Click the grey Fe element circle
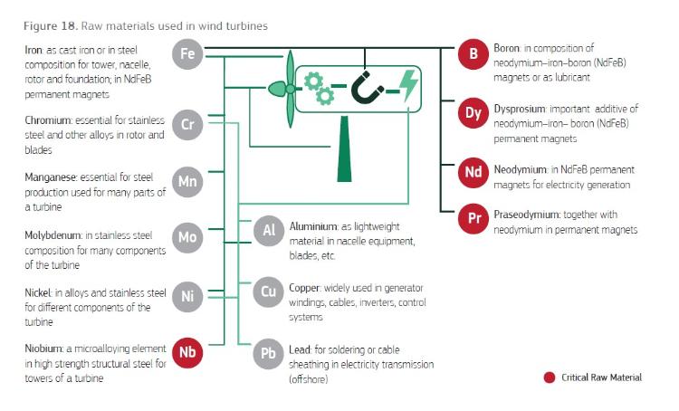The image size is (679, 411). [x=188, y=54]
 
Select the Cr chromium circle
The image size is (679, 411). [x=188, y=125]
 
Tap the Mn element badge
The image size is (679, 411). [x=188, y=183]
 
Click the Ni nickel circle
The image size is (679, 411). [x=188, y=296]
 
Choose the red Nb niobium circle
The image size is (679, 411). [x=188, y=352]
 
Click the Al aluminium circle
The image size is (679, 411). [x=269, y=232]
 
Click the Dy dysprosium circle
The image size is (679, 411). [x=473, y=114]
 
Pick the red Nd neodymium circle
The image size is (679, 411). [x=473, y=172]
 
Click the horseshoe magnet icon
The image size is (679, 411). [x=367, y=88]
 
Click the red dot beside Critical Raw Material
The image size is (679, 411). [x=549, y=378]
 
